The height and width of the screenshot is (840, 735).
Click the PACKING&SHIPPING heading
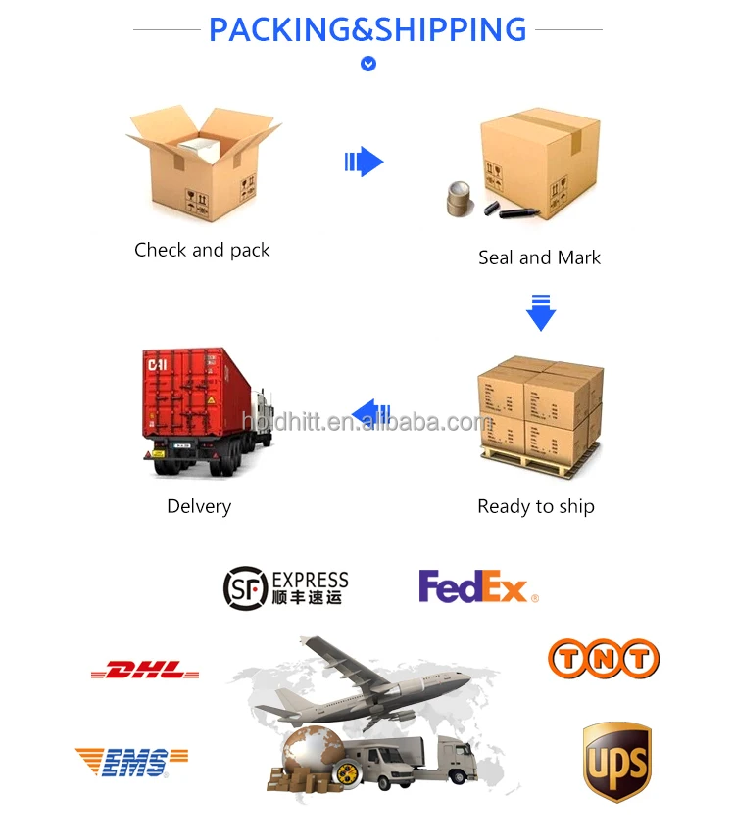[367, 29]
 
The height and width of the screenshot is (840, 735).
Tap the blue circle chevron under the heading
[368, 65]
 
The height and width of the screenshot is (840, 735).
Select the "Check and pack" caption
[202, 250]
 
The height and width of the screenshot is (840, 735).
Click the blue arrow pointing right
[364, 162]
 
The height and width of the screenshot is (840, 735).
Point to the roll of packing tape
[460, 199]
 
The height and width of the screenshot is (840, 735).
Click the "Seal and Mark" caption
[539, 257]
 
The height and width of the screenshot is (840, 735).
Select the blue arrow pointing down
[541, 311]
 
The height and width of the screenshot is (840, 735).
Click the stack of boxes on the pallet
[539, 412]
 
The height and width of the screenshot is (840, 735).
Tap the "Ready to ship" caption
[536, 506]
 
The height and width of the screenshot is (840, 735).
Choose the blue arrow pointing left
[370, 413]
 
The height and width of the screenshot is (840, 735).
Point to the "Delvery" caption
[199, 506]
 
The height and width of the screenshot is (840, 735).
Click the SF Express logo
[285, 585]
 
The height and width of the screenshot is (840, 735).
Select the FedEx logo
[477, 586]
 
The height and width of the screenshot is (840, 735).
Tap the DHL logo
[145, 671]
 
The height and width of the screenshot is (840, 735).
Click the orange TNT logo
[603, 659]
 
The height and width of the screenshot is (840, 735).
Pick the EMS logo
[131, 761]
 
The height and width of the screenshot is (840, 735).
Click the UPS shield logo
[616, 762]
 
